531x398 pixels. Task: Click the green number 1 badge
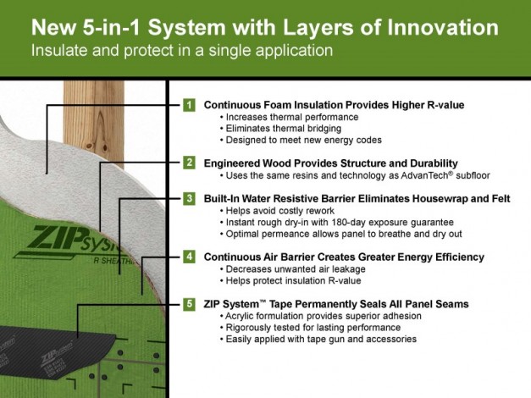tap(190, 105)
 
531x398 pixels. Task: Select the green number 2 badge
tap(190, 163)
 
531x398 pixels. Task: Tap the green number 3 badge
tap(190, 197)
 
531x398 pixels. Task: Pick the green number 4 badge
tap(190, 256)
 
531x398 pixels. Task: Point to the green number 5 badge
tap(190, 303)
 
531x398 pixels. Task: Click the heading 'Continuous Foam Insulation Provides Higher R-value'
tap(334, 105)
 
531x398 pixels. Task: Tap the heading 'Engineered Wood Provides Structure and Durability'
tap(331, 163)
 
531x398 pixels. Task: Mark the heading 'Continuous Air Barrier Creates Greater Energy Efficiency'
tap(344, 256)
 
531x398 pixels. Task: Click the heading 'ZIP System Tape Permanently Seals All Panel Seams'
tap(336, 303)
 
